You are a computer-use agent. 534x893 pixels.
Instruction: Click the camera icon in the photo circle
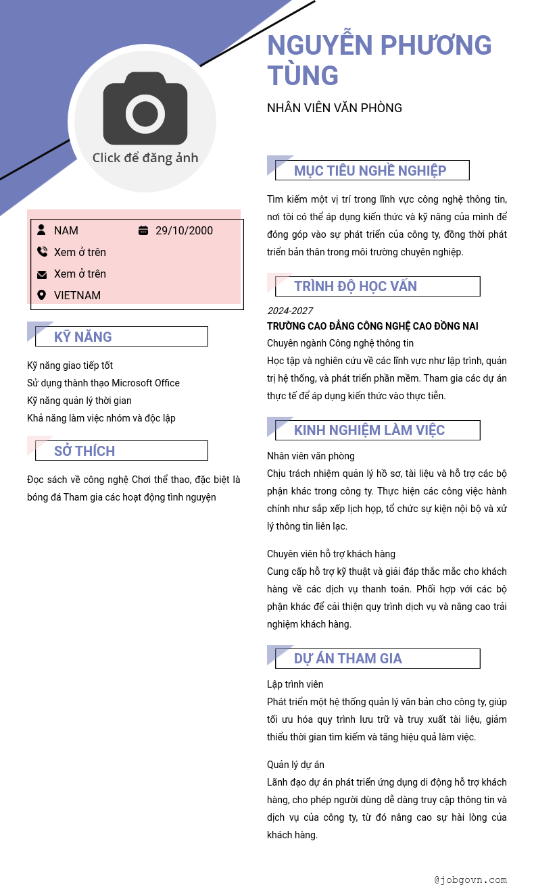(145, 109)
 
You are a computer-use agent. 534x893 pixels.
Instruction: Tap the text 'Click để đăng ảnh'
(145, 158)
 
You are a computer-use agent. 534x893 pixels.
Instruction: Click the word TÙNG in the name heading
(303, 76)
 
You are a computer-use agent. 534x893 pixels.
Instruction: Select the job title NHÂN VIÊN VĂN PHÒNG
(335, 108)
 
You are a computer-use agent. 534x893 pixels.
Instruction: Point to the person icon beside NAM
(42, 230)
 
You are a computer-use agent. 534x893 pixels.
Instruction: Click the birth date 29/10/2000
(184, 231)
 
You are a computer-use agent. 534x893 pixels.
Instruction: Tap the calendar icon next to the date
(143, 230)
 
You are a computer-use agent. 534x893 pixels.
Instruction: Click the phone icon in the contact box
(42, 252)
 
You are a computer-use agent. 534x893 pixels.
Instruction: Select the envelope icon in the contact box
(42, 274)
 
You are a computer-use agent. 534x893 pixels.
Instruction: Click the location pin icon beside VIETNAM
(42, 295)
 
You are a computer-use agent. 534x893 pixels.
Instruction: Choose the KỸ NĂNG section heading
(83, 337)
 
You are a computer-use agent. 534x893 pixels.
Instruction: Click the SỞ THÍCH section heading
(84, 451)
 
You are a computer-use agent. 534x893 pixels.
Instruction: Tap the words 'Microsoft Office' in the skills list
(145, 383)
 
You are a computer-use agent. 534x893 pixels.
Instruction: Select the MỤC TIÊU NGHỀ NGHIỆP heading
(370, 171)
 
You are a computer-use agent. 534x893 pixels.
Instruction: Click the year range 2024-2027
(289, 311)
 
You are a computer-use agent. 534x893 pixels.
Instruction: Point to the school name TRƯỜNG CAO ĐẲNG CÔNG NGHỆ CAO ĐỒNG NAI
(372, 326)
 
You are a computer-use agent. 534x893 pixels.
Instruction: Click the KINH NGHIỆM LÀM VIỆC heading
(369, 430)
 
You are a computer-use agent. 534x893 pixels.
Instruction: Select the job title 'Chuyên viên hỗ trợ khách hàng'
(331, 554)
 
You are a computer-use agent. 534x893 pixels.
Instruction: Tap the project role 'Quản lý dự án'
(295, 765)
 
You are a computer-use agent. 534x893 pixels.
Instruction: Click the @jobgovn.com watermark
(470, 880)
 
